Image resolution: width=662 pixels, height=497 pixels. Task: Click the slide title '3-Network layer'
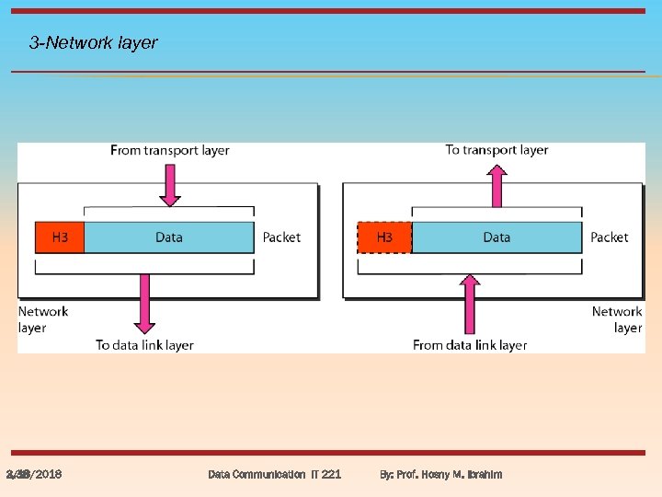click(x=93, y=42)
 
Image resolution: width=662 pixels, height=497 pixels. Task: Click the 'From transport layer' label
click(x=169, y=150)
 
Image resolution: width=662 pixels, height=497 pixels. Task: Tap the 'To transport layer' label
click(x=496, y=150)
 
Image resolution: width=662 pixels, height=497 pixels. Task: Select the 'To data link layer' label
click(x=144, y=345)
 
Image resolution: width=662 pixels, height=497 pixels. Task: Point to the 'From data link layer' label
click(x=470, y=345)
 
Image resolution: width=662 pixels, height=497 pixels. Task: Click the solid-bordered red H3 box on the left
click(x=59, y=237)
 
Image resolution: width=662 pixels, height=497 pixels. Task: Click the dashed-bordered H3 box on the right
click(x=383, y=237)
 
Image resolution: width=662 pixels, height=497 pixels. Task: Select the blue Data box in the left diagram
click(x=168, y=237)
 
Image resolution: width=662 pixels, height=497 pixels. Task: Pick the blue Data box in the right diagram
click(x=496, y=237)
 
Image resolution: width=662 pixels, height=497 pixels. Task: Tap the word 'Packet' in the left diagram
click(x=281, y=237)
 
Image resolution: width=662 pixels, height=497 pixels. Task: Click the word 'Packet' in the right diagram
click(x=610, y=237)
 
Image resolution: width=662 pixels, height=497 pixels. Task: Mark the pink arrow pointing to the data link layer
click(x=144, y=304)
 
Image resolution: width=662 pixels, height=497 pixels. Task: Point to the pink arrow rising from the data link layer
click(x=470, y=304)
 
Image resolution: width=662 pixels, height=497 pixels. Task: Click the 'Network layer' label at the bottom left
click(x=42, y=319)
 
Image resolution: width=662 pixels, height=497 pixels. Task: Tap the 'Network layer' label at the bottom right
click(x=617, y=319)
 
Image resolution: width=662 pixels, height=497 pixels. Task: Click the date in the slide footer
click(x=34, y=474)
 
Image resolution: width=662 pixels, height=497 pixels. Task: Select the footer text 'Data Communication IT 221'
click(x=274, y=474)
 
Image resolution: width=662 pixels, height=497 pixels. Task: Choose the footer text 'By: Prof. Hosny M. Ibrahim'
click(x=441, y=474)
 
